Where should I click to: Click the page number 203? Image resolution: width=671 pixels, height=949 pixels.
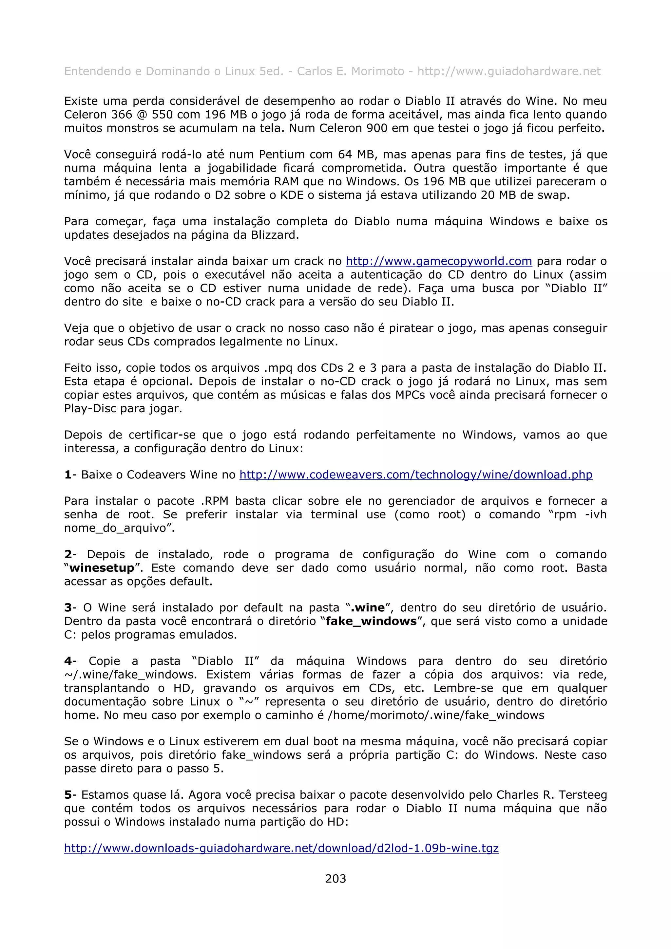[x=335, y=879]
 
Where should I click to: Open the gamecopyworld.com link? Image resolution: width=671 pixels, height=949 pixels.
[x=439, y=261]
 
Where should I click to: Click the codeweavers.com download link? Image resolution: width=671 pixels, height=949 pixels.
[x=415, y=474]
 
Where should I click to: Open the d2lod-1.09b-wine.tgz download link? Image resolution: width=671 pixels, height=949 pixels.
[x=281, y=848]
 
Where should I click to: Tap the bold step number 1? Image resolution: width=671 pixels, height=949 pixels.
[x=68, y=474]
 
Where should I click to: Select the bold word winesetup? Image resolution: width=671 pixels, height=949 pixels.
[x=102, y=568]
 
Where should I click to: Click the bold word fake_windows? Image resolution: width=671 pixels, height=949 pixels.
[x=371, y=621]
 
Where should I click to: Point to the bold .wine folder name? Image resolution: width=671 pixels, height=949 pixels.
[x=368, y=607]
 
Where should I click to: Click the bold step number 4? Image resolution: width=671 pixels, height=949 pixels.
[x=68, y=661]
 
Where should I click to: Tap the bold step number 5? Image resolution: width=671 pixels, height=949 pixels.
[x=68, y=795]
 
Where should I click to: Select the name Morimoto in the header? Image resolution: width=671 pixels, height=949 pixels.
[x=377, y=71]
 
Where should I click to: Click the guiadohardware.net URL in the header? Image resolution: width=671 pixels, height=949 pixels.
[x=508, y=71]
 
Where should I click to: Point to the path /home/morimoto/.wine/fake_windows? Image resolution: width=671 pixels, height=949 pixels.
[x=436, y=715]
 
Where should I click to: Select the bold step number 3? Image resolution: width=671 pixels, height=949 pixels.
[x=68, y=607]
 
